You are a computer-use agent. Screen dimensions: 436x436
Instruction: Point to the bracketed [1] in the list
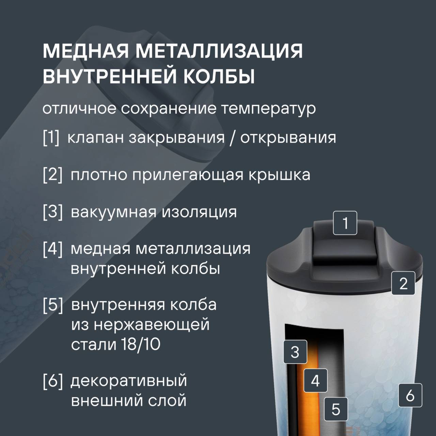(51, 138)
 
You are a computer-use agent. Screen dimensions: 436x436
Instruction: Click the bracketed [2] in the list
(52, 175)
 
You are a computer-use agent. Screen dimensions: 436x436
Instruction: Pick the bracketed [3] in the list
(52, 212)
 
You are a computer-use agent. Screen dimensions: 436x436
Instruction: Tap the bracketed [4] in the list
(52, 249)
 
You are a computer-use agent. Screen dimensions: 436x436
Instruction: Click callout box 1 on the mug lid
(345, 223)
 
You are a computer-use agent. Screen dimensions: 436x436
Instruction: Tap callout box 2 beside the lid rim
(403, 283)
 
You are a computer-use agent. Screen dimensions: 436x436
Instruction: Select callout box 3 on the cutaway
(295, 352)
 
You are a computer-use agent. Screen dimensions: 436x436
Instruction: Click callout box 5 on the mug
(336, 409)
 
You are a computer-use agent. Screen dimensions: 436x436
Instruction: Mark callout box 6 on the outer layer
(410, 395)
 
